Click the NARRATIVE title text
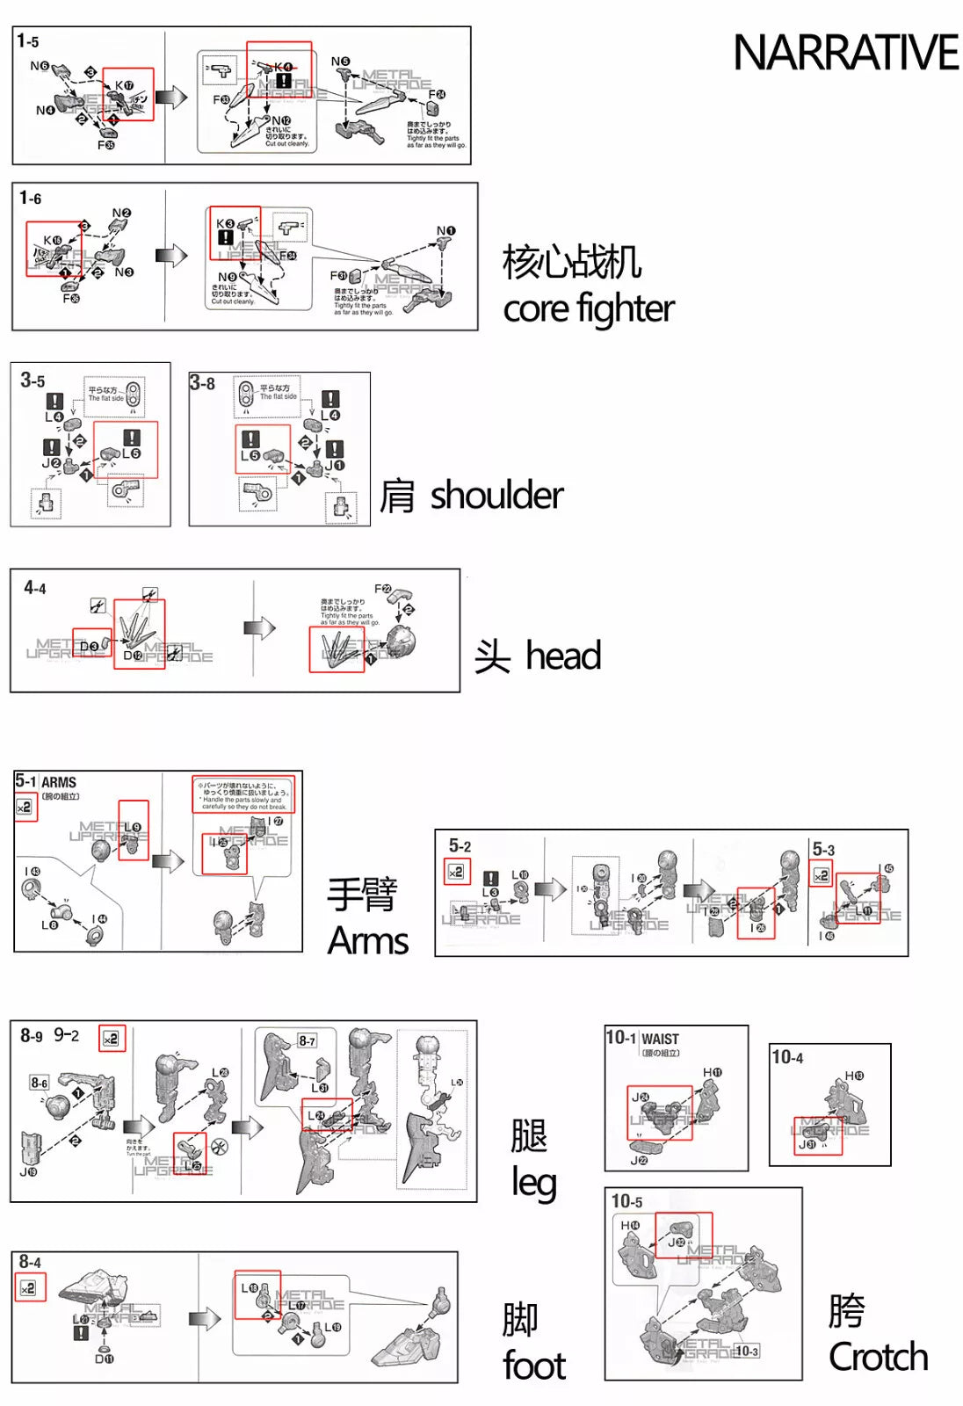point(844,53)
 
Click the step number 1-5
point(28,41)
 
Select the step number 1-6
point(31,199)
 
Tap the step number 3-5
point(33,380)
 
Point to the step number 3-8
point(202,383)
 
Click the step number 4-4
point(35,588)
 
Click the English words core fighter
point(588,308)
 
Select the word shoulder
point(496,496)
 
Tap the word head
point(563,656)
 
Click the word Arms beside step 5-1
point(368,941)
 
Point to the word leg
point(533,1183)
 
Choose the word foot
point(534,1366)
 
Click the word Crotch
point(878,1357)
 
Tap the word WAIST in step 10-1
point(660,1039)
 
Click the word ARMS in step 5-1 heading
point(59,782)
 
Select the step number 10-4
point(787,1057)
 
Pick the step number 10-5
point(626,1201)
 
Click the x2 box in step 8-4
point(29,1288)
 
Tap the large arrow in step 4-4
point(260,627)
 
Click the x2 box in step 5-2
point(456,872)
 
